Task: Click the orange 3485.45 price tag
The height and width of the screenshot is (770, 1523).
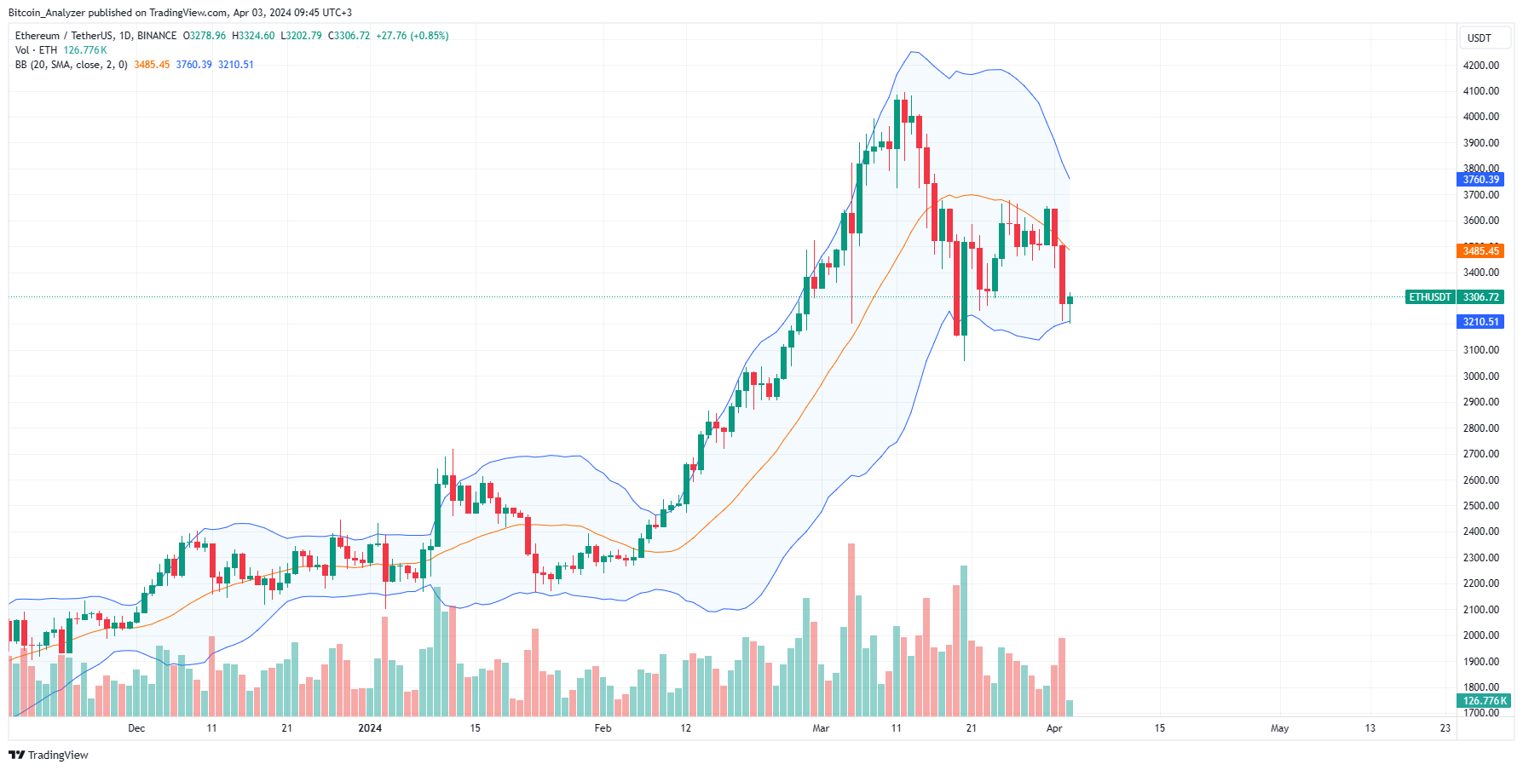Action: pyautogui.click(x=1480, y=250)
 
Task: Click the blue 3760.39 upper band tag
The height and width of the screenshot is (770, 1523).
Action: pyautogui.click(x=1480, y=179)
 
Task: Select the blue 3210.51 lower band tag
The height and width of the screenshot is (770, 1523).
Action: pyautogui.click(x=1480, y=321)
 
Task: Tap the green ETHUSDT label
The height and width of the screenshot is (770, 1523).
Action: pyautogui.click(x=1429, y=297)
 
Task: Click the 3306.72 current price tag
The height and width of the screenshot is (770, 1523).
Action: pyautogui.click(x=1480, y=297)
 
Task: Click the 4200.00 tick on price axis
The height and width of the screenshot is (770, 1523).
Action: pyautogui.click(x=1480, y=66)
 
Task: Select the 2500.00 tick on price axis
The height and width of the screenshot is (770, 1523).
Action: pyautogui.click(x=1480, y=506)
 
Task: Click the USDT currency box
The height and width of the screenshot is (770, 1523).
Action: pyautogui.click(x=1479, y=38)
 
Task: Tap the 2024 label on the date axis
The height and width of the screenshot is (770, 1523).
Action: pyautogui.click(x=370, y=728)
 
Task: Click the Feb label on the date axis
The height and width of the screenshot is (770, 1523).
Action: pyautogui.click(x=603, y=728)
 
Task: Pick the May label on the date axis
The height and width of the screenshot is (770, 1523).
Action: pyautogui.click(x=1279, y=728)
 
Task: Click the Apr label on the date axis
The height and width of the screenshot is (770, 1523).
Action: pyautogui.click(x=1054, y=728)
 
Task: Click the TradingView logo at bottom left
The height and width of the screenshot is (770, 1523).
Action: pyautogui.click(x=49, y=755)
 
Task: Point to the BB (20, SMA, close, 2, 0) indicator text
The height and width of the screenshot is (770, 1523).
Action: pyautogui.click(x=71, y=65)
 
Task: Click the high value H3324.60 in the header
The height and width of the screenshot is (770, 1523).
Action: pyautogui.click(x=253, y=36)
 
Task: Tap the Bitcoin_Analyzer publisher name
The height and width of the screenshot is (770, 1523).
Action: pyautogui.click(x=47, y=13)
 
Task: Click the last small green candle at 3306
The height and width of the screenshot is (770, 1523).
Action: pyautogui.click(x=1070, y=300)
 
